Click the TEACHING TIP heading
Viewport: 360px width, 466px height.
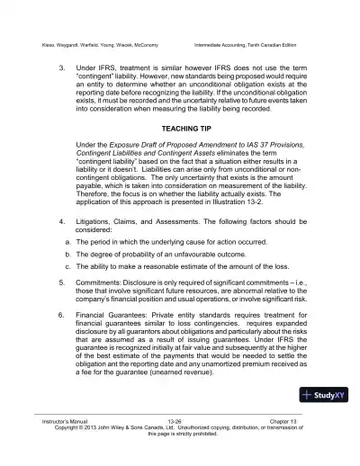[179, 128]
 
